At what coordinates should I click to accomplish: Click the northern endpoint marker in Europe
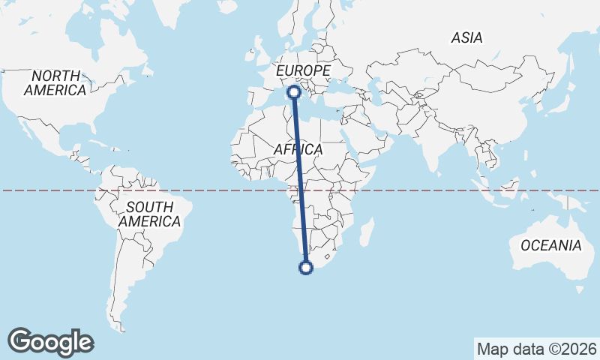click(294, 92)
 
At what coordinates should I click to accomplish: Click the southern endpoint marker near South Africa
click(306, 267)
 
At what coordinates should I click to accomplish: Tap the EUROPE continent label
click(303, 70)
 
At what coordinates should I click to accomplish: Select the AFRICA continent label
click(298, 150)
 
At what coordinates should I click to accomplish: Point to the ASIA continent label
click(466, 37)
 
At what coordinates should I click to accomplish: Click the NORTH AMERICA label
click(55, 83)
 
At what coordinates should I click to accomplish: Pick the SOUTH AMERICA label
click(149, 214)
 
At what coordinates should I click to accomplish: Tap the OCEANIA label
click(550, 245)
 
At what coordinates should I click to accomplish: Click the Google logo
click(50, 342)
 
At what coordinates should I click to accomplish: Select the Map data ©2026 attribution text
click(536, 349)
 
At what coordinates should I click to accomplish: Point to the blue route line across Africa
click(300, 180)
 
